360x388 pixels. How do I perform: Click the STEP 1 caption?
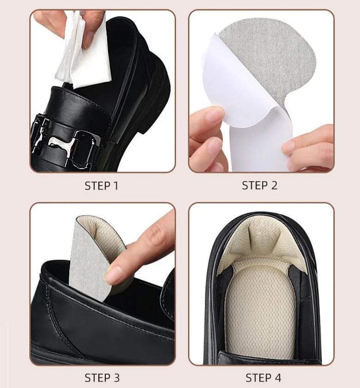coord(102,186)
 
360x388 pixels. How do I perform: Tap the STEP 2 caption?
coord(260,186)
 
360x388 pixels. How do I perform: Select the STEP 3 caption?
coord(102,377)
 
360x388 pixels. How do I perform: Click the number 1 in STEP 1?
coord(115,186)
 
